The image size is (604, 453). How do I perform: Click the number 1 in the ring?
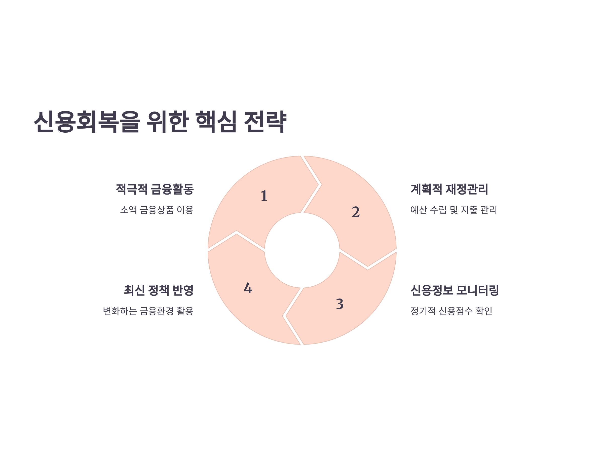264,196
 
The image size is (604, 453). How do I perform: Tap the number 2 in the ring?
356,212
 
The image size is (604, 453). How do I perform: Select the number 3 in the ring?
339,304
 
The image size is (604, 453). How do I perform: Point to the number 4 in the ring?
248,288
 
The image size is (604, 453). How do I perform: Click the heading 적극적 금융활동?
155,189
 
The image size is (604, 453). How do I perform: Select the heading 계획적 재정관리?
449,189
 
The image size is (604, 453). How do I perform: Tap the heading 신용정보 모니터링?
455,290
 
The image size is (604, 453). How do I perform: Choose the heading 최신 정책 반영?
159,290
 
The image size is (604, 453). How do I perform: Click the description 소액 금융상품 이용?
157,210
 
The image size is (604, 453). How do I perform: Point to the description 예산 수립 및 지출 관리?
454,210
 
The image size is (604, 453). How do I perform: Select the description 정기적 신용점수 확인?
451,311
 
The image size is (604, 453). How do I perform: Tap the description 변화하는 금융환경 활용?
148,311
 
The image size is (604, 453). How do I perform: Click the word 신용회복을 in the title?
87,122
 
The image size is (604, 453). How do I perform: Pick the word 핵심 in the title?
216,122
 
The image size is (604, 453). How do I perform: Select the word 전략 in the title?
265,122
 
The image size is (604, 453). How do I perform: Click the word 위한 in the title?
168,122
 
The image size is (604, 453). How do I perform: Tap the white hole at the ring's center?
302,250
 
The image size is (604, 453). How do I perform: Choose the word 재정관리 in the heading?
467,189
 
